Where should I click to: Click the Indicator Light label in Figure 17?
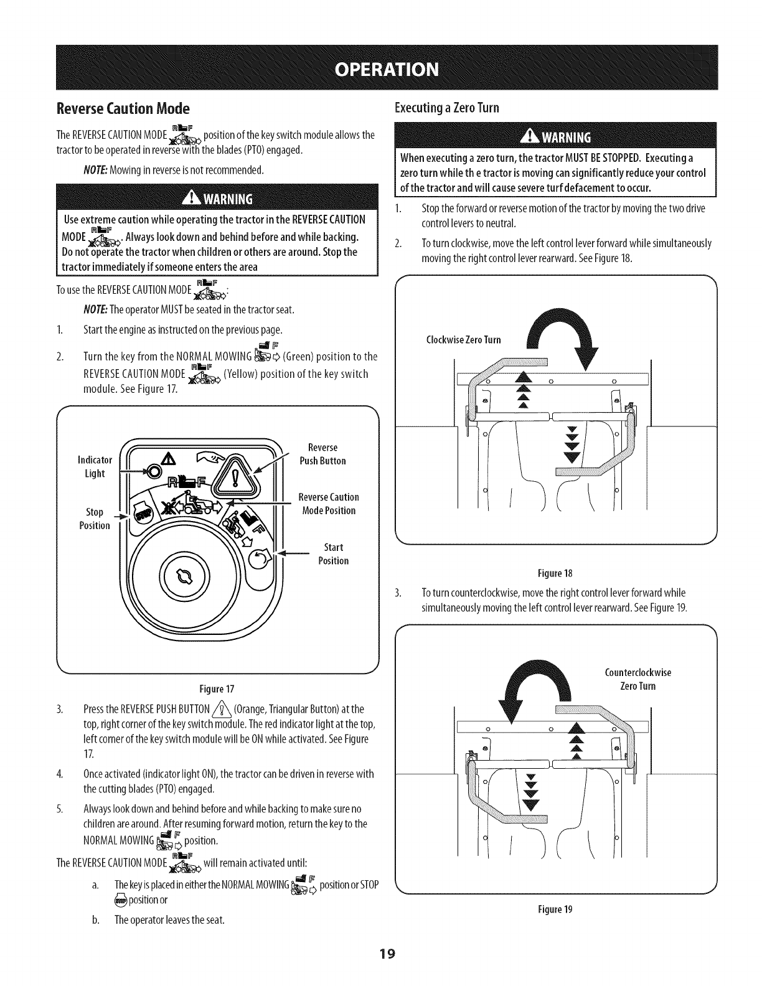point(94,467)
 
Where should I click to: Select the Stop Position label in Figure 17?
point(95,519)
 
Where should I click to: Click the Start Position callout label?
point(333,554)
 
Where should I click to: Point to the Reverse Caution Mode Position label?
point(328,504)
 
